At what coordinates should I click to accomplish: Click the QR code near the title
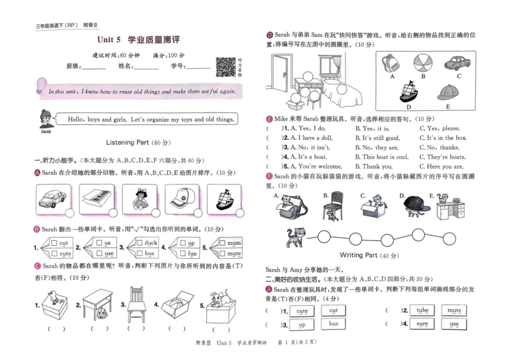click(x=225, y=67)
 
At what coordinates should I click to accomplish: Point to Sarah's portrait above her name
click(x=45, y=118)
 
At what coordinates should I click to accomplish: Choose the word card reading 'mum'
click(x=234, y=243)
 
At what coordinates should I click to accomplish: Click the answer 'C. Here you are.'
click(x=443, y=167)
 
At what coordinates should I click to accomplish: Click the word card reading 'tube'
click(x=422, y=310)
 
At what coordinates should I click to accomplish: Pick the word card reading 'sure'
click(x=422, y=324)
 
